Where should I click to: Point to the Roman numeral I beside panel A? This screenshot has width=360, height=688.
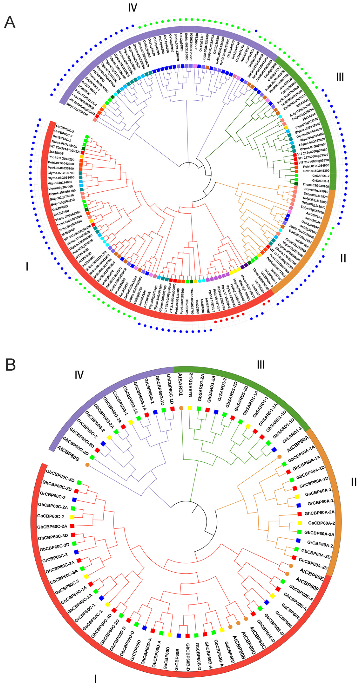pos(27,266)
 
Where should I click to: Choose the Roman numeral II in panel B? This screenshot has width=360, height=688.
pos(354,482)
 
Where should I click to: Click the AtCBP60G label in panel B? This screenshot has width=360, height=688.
pos(68,453)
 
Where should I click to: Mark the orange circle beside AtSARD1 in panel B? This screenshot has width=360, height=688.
pos(181,408)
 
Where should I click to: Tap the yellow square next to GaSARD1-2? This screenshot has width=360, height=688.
pos(190,408)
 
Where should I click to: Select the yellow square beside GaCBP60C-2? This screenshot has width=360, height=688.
pos(72,517)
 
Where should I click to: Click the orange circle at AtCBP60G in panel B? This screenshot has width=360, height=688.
pos(87,465)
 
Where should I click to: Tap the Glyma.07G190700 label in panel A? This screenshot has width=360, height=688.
pos(61,173)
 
